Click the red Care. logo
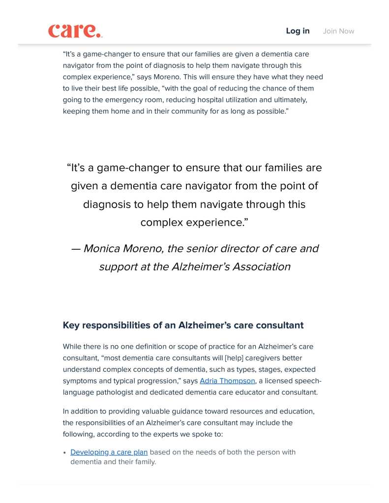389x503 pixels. pyautogui.click(x=75, y=30)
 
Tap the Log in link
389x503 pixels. pyautogui.click(x=298, y=31)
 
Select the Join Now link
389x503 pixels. pyautogui.click(x=338, y=31)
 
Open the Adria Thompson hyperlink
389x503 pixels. pyautogui.click(x=227, y=381)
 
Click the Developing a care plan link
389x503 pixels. pyautogui.click(x=109, y=452)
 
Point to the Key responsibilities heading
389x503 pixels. pyautogui.click(x=183, y=325)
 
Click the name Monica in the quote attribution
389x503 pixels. pyautogui.click(x=102, y=248)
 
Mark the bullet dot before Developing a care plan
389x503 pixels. pyautogui.click(x=65, y=452)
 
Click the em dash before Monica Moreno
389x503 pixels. pyautogui.click(x=75, y=248)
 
